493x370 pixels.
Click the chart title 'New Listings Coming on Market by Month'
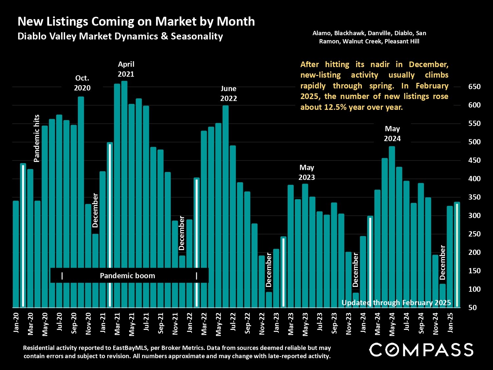coord(136,21)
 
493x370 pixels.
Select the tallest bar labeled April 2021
coord(124,194)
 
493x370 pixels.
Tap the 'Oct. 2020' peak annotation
coord(82,83)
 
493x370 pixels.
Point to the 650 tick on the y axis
coord(474,87)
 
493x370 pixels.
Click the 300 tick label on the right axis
coord(474,216)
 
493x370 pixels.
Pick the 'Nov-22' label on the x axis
coord(262,324)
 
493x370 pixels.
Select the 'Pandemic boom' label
coord(127,276)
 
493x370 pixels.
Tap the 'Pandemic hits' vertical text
coord(36,138)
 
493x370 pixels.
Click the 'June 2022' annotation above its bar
coord(228,93)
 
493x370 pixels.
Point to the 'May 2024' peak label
coord(392,134)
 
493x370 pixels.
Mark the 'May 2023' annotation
coord(307,172)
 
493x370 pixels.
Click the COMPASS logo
coord(421,350)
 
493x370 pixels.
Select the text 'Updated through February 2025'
coord(396,303)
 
